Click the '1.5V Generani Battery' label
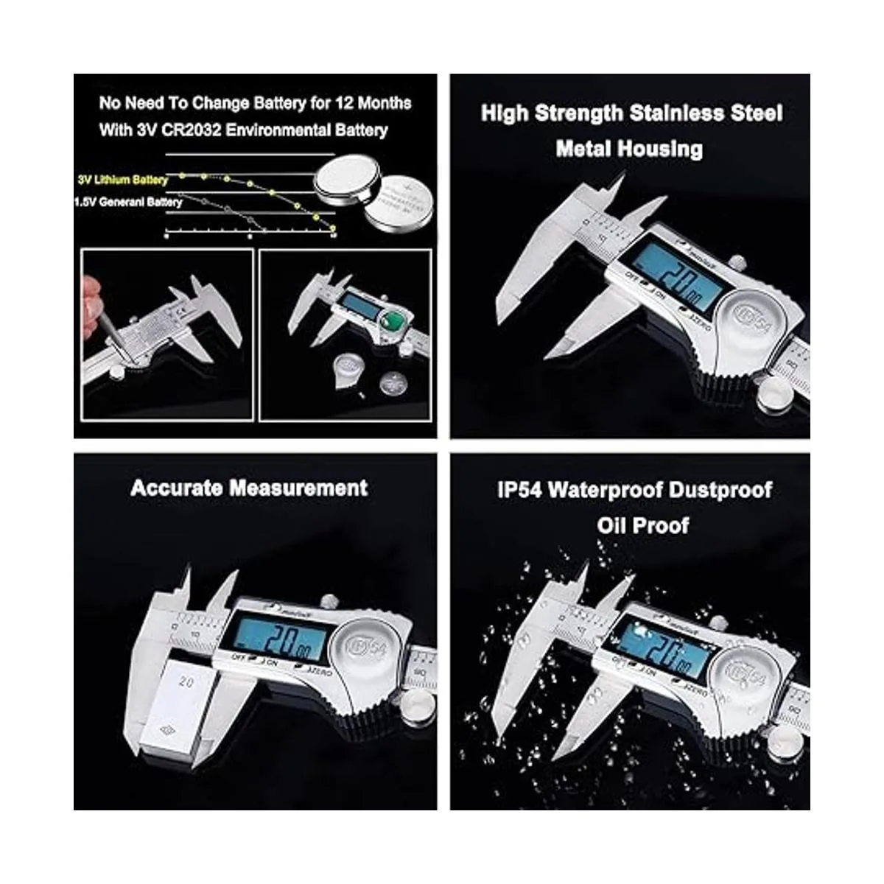click(x=128, y=202)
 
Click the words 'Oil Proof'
click(x=642, y=525)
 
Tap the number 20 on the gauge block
click(x=186, y=683)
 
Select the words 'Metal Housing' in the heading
click(x=629, y=149)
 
